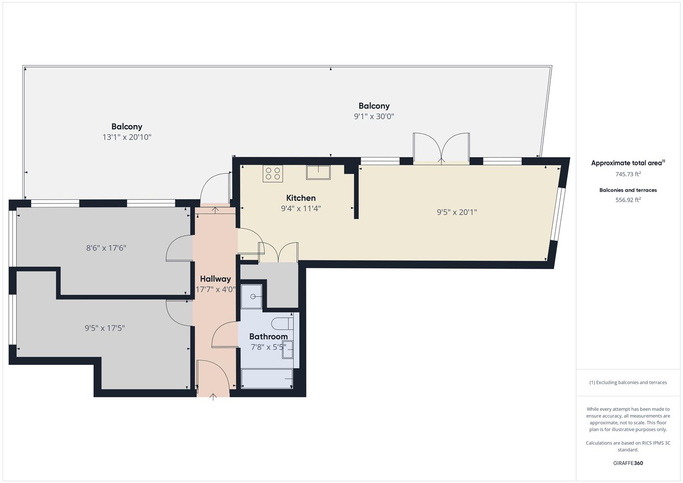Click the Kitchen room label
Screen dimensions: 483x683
tap(301, 198)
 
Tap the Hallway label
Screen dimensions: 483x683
tap(215, 279)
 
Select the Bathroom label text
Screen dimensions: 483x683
tap(268, 336)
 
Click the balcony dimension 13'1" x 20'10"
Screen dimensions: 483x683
tap(127, 137)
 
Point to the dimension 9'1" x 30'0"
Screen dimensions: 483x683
tap(374, 117)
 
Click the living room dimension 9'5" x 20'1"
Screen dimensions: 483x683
tap(457, 212)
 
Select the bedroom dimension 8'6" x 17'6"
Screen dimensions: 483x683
tap(106, 248)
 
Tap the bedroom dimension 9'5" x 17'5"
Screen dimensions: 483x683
tap(105, 328)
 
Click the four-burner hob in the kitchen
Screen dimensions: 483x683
tap(272, 174)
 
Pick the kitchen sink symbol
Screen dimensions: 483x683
tap(318, 172)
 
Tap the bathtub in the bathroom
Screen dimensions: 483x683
tap(267, 378)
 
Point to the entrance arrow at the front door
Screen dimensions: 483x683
tap(213, 396)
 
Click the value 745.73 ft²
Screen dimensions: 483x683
tap(628, 174)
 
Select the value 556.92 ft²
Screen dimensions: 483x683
tap(628, 200)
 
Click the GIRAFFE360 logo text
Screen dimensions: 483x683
tap(628, 463)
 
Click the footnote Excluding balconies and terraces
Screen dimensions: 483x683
tap(628, 382)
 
